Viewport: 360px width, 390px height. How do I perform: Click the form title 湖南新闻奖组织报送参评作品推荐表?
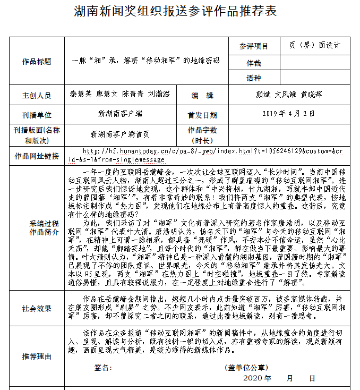click(x=179, y=12)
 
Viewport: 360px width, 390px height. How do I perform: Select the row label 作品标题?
click(x=37, y=62)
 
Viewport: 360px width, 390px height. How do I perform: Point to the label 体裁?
click(x=253, y=63)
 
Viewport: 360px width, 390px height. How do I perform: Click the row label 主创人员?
click(x=37, y=96)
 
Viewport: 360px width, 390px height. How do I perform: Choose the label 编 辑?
click(x=202, y=96)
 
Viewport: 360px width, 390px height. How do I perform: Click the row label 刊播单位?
click(x=37, y=114)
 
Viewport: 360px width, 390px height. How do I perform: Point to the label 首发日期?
click(x=202, y=114)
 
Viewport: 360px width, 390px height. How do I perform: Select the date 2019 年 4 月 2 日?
click(x=289, y=114)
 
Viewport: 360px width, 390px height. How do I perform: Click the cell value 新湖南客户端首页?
click(x=120, y=134)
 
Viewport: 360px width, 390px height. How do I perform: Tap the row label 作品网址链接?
click(x=37, y=156)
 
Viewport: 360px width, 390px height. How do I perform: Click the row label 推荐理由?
click(x=37, y=356)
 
